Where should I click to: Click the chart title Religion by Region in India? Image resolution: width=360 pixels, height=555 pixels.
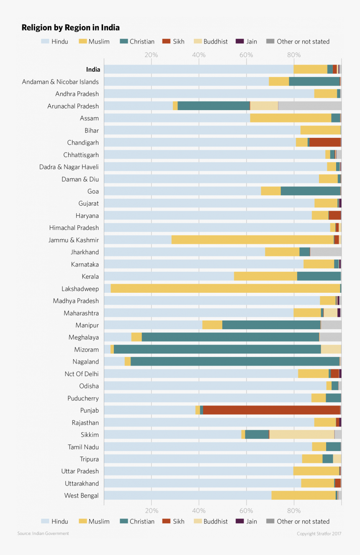[x=70, y=28]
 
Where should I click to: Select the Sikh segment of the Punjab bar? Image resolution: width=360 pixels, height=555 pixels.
[x=271, y=410]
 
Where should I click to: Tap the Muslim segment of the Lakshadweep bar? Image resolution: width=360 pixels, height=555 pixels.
[x=225, y=288]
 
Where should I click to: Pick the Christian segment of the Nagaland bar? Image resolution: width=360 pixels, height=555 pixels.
[x=235, y=361]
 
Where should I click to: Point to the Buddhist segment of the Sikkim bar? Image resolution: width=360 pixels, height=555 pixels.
[x=301, y=434]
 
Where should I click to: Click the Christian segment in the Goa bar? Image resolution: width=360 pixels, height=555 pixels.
[x=310, y=191]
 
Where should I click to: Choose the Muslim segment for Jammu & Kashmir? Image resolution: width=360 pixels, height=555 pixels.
[x=252, y=240]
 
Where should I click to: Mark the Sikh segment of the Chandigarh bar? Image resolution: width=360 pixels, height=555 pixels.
[x=325, y=142]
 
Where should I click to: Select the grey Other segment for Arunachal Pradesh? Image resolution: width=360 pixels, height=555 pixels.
[x=309, y=106]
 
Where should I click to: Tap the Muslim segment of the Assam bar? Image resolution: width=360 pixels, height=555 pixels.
[x=291, y=118]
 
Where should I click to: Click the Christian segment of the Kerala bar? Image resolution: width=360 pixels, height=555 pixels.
[x=319, y=276]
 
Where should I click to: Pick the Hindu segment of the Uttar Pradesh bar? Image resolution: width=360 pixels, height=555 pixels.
[x=198, y=471]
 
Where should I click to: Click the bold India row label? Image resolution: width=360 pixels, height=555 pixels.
[x=93, y=70]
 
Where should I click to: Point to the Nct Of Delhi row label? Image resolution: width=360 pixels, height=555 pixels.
[x=82, y=374]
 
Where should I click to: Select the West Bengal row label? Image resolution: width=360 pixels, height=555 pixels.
[x=81, y=496]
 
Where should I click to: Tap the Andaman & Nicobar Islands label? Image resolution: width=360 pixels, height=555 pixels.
[x=60, y=82]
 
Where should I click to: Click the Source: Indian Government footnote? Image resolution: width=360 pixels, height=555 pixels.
[x=43, y=533]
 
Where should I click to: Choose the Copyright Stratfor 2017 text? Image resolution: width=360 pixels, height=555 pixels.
[x=319, y=534]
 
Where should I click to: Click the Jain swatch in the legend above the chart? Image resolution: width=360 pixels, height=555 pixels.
[x=240, y=41]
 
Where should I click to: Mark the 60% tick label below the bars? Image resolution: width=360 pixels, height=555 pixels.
[x=246, y=510]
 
